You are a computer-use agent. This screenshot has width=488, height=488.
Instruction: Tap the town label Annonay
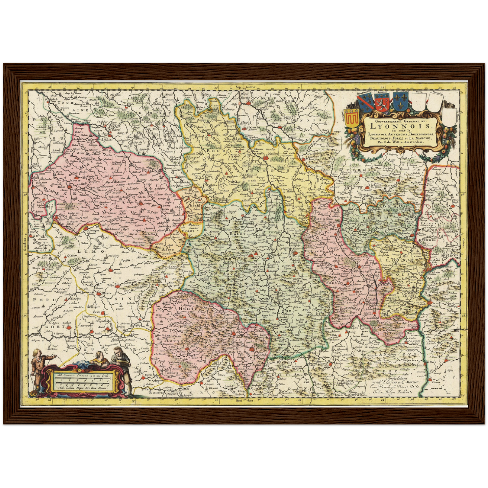coord(415,341)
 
